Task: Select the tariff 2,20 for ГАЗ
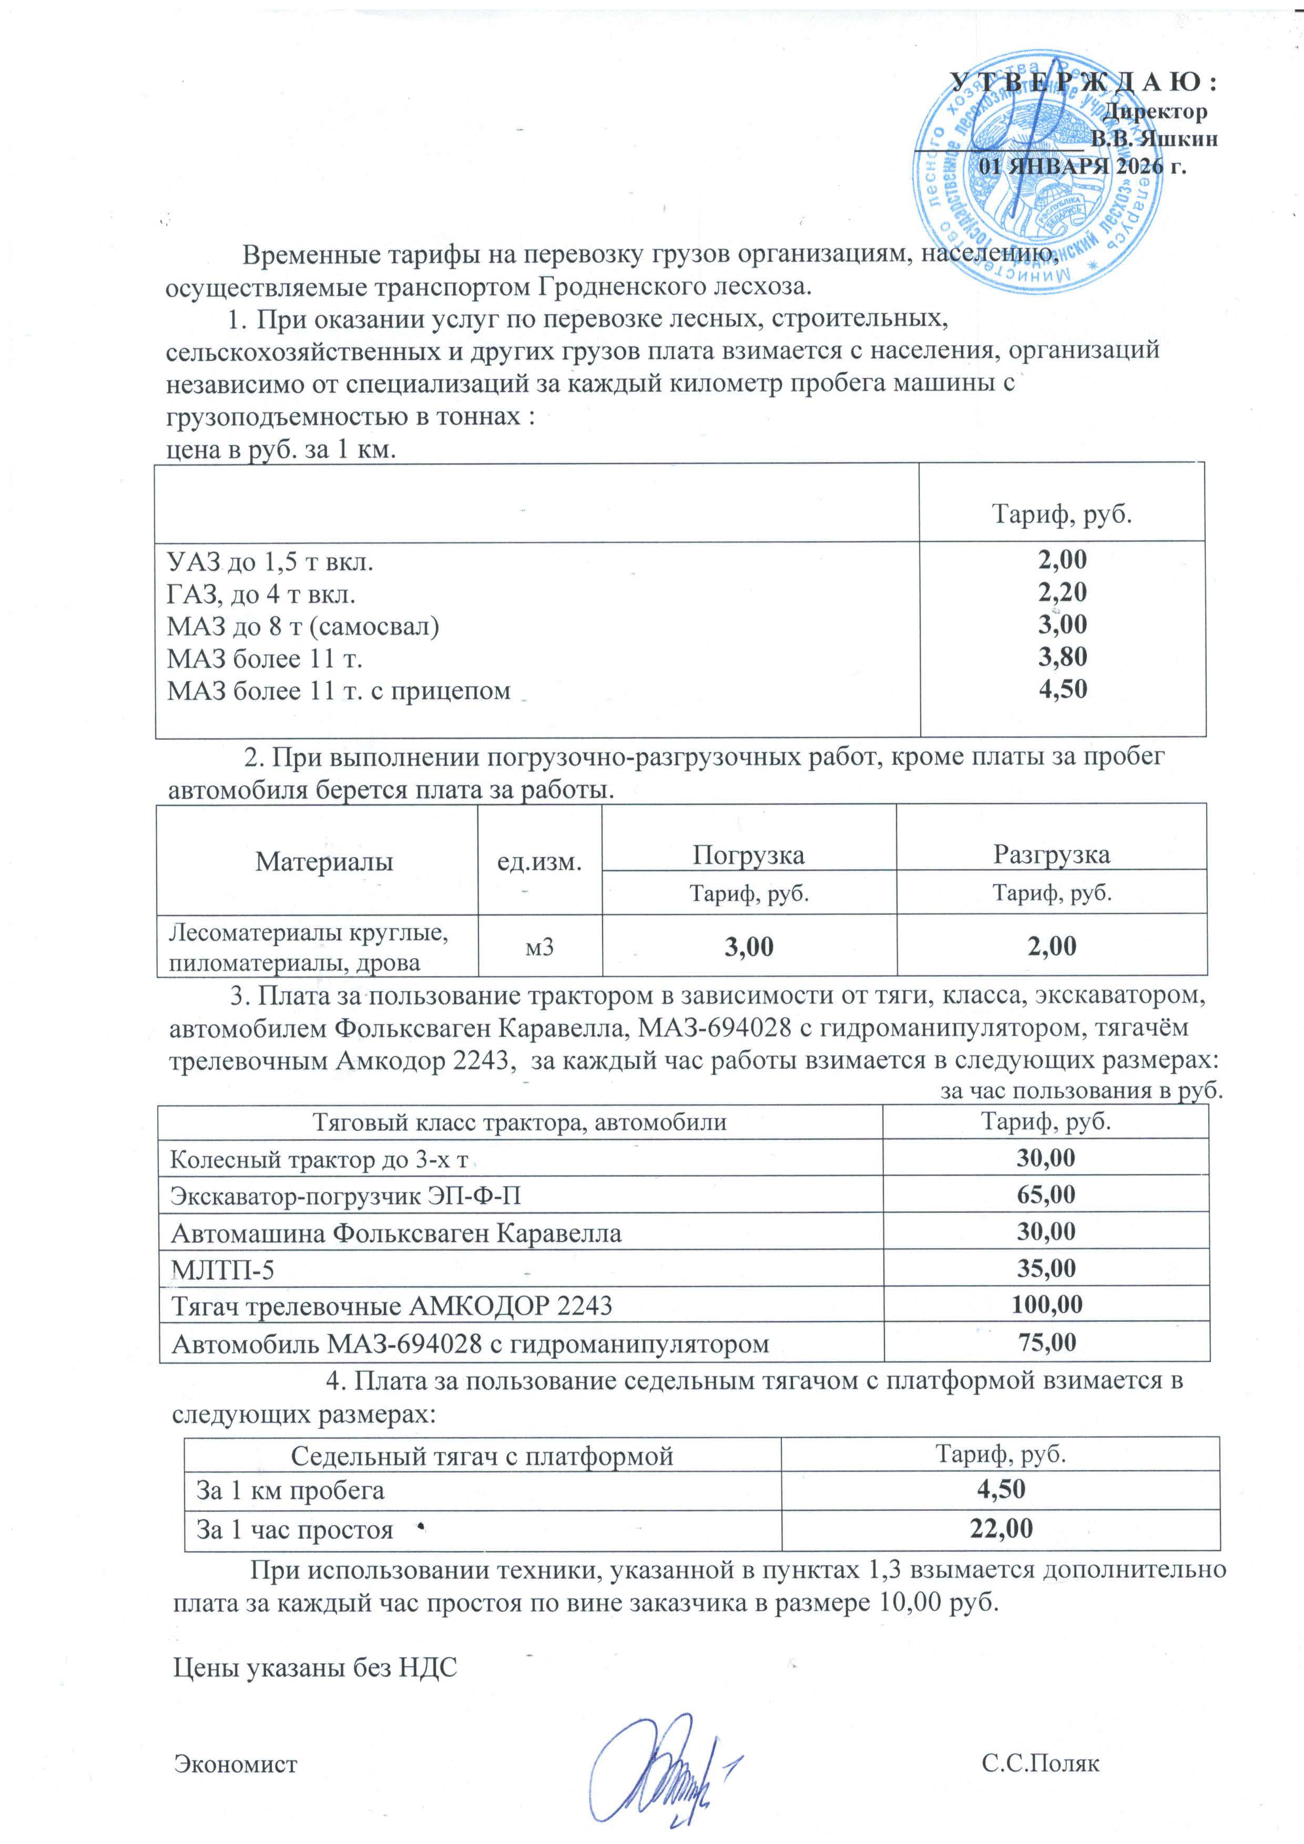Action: pyautogui.click(x=1062, y=592)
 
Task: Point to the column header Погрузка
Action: pyautogui.click(x=748, y=855)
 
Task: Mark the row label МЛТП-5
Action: pyautogui.click(x=222, y=1269)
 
